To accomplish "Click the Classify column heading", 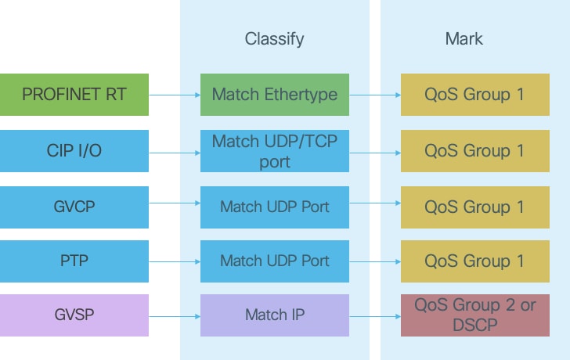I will pos(274,38).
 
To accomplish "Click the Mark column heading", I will pos(464,38).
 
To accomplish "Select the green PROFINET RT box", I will pos(74,95).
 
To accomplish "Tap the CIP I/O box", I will pos(74,151).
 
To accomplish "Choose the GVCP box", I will pos(74,207).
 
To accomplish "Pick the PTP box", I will pos(74,261).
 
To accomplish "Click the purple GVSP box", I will pos(74,315).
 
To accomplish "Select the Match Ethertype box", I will pos(275,95).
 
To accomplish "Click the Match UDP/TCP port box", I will pos(275,151).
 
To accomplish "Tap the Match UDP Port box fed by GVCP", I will pos(275,207).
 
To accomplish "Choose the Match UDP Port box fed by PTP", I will pos(275,261).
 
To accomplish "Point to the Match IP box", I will pos(275,315).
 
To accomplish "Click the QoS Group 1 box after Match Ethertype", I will pos(474,95).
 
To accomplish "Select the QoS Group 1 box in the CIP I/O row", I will pos(474,151).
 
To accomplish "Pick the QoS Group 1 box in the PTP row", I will pos(474,261).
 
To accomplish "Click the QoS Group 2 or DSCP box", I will pos(474,315).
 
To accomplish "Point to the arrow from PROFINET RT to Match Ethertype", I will pos(175,95).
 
